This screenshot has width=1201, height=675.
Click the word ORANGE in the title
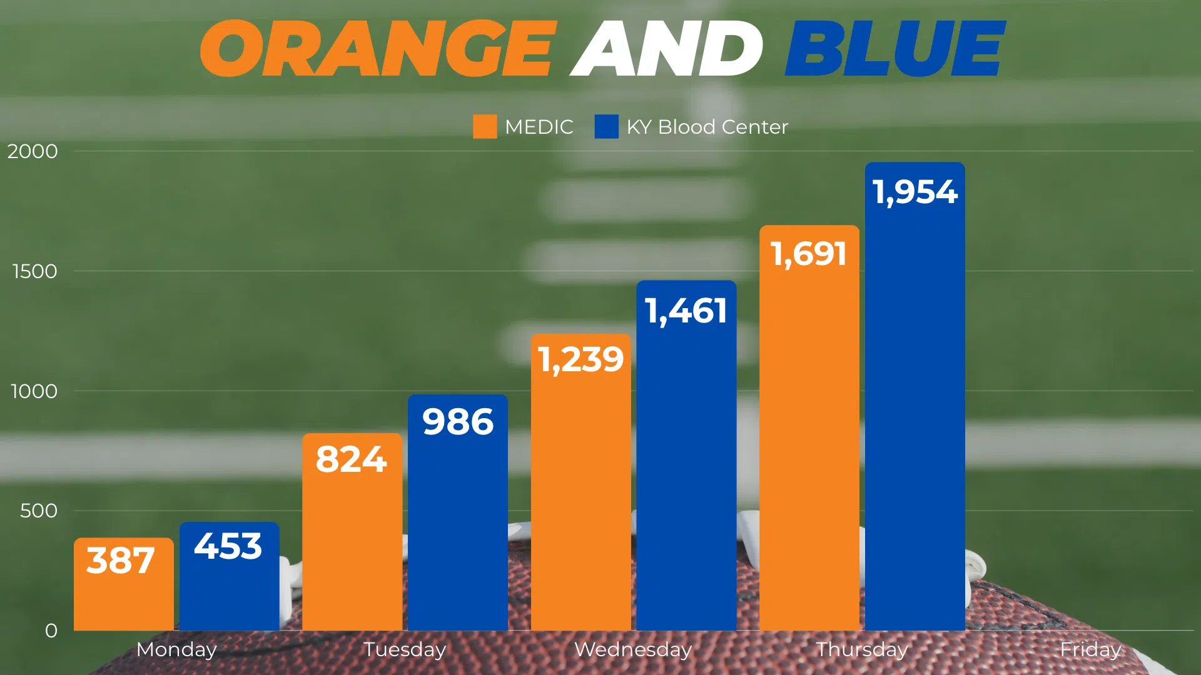[x=377, y=48]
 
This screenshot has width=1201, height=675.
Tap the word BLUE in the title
[x=894, y=48]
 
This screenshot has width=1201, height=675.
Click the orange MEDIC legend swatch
[x=485, y=126]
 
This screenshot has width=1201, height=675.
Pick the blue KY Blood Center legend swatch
[x=606, y=126]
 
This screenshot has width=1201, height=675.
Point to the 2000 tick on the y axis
[x=33, y=151]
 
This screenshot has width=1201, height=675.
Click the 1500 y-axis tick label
[x=34, y=271]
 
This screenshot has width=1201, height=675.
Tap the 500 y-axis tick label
[x=39, y=511]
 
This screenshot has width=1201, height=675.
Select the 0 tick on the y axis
[x=51, y=631]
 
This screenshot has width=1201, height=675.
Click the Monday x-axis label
[x=176, y=649]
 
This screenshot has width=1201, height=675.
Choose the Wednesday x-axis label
[x=633, y=649]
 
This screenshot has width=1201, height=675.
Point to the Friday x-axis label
[x=1090, y=649]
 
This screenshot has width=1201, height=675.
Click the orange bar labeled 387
[x=124, y=594]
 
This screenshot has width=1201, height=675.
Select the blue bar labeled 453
[x=229, y=587]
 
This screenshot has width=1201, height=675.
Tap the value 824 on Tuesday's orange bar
[x=352, y=459]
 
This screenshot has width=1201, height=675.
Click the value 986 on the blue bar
[x=458, y=422]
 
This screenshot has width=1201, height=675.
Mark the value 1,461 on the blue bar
[x=686, y=311]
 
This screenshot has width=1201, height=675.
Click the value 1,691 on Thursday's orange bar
[x=809, y=254]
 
